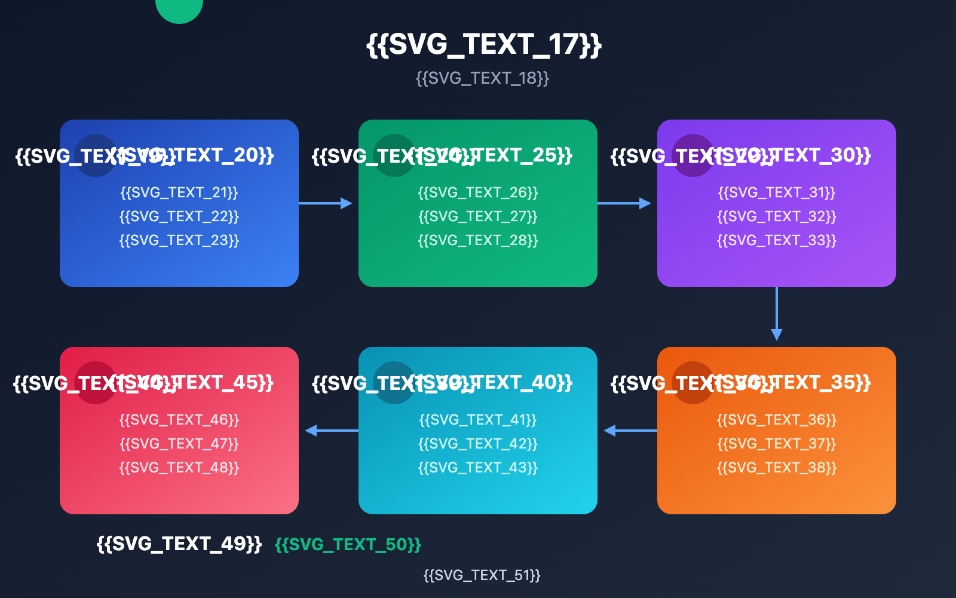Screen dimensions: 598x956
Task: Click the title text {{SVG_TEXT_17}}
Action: tap(483, 45)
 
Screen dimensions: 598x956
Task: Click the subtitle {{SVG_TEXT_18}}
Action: tap(482, 78)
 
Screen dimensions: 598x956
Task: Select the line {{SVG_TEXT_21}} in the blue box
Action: tap(179, 193)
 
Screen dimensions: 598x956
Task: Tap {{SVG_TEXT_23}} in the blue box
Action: tap(179, 240)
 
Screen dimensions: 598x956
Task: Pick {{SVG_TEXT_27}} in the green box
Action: tap(478, 216)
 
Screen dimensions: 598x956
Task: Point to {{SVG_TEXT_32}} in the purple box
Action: tap(777, 216)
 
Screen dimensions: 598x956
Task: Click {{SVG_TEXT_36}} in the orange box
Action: tap(777, 420)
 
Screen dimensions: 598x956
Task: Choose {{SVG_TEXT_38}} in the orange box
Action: tap(777, 468)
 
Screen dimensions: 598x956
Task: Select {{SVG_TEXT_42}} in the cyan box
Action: tap(478, 444)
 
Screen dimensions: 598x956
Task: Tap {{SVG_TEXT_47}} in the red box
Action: tap(179, 444)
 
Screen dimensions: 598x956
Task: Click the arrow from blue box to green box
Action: tap(326, 203)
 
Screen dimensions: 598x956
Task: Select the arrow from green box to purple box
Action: tap(624, 203)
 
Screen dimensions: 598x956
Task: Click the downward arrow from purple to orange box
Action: tap(777, 314)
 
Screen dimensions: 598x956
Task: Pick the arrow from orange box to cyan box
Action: tap(630, 431)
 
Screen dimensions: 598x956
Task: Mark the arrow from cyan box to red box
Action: tap(332, 431)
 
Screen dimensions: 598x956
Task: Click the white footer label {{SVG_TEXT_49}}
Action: tap(179, 544)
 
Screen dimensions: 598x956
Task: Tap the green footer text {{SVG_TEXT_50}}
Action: tap(348, 545)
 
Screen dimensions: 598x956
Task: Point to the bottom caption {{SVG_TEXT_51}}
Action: tap(482, 575)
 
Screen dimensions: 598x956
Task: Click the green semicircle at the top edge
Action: tap(179, 9)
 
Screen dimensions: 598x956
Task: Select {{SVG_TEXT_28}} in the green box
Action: tap(478, 240)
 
